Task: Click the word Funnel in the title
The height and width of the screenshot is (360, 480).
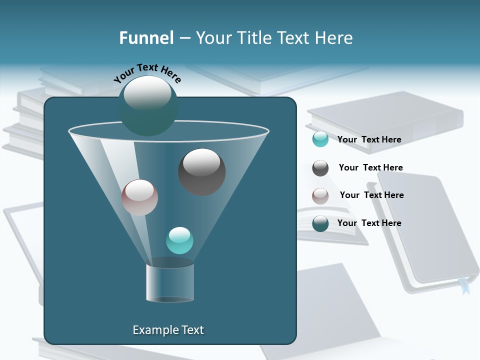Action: click(x=146, y=38)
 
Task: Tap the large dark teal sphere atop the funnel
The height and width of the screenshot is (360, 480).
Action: click(x=147, y=105)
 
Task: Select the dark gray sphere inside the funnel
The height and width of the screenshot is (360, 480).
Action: click(x=201, y=171)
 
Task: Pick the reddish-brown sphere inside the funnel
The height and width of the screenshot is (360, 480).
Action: click(x=139, y=197)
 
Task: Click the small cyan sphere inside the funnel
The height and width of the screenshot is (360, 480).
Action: click(x=179, y=240)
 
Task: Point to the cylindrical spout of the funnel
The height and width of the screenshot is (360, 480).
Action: click(x=170, y=282)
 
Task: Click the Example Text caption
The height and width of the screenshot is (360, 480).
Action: click(x=168, y=330)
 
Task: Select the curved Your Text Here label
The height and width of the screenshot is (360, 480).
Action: click(x=147, y=72)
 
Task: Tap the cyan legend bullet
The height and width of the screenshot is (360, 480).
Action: click(x=320, y=139)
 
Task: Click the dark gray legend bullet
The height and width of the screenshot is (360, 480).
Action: click(x=320, y=168)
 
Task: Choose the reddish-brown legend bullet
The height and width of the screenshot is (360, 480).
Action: click(x=320, y=196)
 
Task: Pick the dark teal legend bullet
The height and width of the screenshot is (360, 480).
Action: click(x=320, y=223)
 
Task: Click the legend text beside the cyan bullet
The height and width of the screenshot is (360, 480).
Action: click(x=369, y=139)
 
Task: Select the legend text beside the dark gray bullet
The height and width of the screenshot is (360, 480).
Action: click(x=370, y=167)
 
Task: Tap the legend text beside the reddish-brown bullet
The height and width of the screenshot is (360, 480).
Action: click(x=371, y=195)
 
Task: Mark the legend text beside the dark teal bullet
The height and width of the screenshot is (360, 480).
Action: click(x=369, y=223)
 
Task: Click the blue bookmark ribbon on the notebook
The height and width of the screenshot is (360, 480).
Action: click(x=464, y=287)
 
